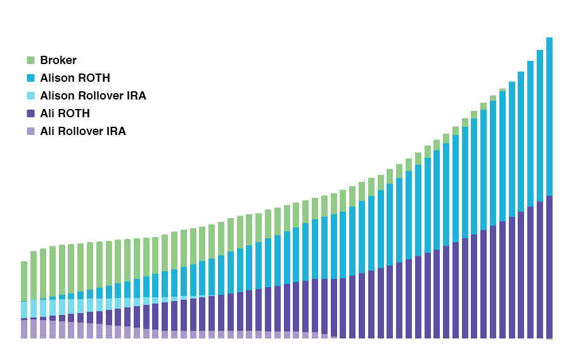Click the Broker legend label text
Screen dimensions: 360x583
(x=58, y=60)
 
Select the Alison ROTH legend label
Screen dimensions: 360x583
(x=75, y=78)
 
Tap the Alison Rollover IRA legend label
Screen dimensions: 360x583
(x=93, y=96)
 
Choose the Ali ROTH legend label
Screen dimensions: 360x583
(x=65, y=113)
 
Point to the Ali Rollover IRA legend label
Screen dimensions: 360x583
(x=83, y=131)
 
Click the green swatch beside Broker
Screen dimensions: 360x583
(x=30, y=60)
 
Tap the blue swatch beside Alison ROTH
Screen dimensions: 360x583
(x=30, y=78)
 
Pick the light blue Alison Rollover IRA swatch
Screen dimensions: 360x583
(x=30, y=96)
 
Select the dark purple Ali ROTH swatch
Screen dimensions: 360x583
(x=30, y=113)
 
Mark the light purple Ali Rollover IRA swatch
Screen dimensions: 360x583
(x=30, y=131)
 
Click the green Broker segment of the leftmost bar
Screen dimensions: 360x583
(x=24, y=281)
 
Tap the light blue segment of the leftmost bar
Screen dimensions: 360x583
(x=24, y=309)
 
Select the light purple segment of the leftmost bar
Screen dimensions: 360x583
(x=24, y=330)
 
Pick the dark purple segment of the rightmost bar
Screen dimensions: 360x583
(x=549, y=267)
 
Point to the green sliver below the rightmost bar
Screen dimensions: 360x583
(x=549, y=339)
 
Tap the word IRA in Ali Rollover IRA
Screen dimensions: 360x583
(x=117, y=131)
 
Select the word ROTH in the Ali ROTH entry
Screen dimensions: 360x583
(x=76, y=113)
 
